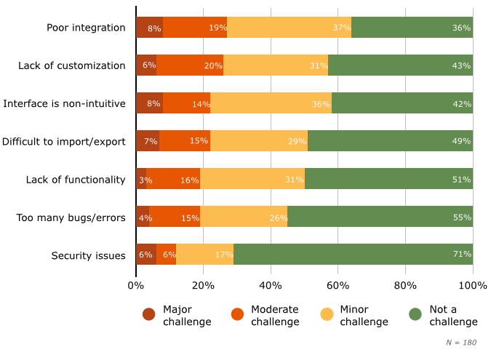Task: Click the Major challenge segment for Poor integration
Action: point(149,28)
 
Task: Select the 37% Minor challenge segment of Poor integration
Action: point(289,28)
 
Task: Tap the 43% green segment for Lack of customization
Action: point(400,65)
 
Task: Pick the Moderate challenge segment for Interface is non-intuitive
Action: point(186,103)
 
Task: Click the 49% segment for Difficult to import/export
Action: point(390,141)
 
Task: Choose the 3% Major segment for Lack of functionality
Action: point(141,179)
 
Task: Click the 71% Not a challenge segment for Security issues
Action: point(353,255)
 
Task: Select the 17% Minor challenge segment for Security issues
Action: point(204,255)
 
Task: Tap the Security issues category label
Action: point(88,255)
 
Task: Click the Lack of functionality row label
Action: point(76,180)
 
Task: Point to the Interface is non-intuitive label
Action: point(64,104)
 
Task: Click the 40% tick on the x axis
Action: point(271,285)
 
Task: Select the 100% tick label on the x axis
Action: point(473,285)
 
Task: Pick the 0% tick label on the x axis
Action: point(136,285)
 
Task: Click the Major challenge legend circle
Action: point(149,314)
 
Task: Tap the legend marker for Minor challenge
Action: point(327,314)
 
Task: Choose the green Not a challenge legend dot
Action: point(415,314)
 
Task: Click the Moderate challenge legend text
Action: point(274,315)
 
